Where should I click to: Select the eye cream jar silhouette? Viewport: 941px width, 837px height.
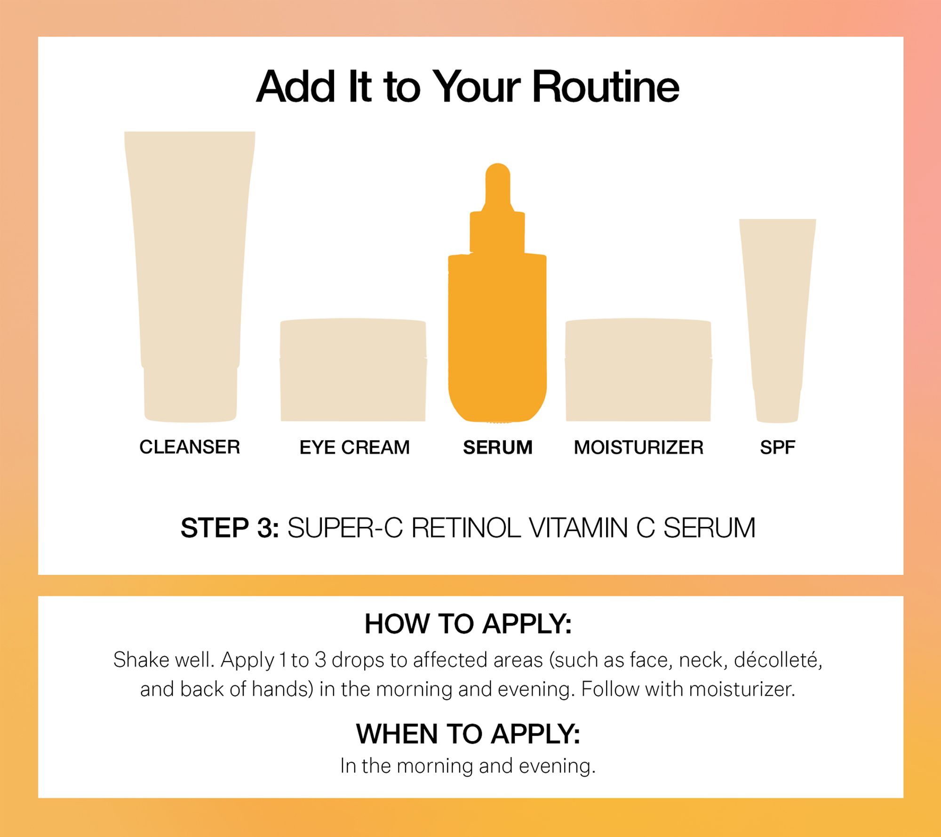353,370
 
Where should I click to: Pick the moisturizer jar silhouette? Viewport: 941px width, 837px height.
638,370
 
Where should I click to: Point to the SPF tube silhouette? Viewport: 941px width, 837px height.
777,320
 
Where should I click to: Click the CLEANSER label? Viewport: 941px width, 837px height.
190,447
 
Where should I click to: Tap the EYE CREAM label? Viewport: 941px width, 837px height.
355,447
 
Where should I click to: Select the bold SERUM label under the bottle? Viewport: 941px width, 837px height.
498,447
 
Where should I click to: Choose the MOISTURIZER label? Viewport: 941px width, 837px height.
638,447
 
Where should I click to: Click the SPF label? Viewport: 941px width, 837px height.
777,447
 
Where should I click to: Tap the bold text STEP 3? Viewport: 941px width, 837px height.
230,528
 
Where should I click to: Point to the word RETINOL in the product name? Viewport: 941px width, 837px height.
466,528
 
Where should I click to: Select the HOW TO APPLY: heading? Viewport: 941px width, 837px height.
468,624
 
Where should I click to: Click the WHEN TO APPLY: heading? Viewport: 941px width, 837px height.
468,734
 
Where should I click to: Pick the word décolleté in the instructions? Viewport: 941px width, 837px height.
778,660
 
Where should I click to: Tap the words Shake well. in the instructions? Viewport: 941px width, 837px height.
164,660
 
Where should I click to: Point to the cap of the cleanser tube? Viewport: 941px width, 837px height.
190,394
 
